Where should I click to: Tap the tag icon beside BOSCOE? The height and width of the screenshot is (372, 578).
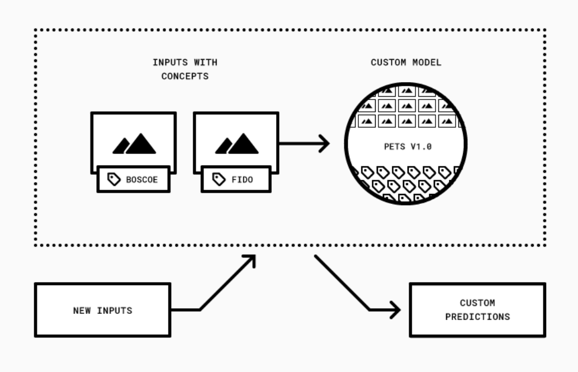click(x=114, y=179)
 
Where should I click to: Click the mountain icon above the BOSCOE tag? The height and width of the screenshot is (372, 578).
click(x=134, y=144)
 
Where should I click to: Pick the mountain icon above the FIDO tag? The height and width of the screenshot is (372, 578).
click(x=236, y=144)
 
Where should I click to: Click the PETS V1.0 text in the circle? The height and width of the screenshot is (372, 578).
click(x=408, y=147)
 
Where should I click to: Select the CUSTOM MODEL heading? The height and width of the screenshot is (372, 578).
click(x=406, y=63)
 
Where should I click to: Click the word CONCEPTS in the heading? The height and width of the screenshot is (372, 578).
click(x=185, y=76)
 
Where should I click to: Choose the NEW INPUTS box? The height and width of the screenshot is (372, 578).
click(x=102, y=310)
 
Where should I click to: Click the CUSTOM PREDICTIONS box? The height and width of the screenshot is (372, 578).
click(x=477, y=310)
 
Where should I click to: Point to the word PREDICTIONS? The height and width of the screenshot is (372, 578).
click(x=477, y=317)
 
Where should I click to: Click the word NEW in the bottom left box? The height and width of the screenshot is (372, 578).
click(x=82, y=310)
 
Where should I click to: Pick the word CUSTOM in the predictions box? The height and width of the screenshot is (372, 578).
click(x=477, y=303)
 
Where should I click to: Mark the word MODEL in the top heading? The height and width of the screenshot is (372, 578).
click(x=427, y=63)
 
